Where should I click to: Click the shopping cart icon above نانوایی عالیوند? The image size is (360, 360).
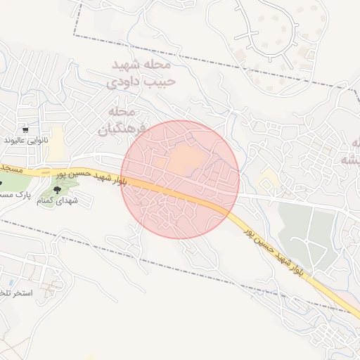25,129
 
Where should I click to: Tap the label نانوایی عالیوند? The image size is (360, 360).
26,141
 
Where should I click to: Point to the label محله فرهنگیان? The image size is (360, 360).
121,121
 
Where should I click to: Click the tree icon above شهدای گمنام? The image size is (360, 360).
57,188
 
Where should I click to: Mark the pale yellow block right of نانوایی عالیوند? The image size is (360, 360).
56,141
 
